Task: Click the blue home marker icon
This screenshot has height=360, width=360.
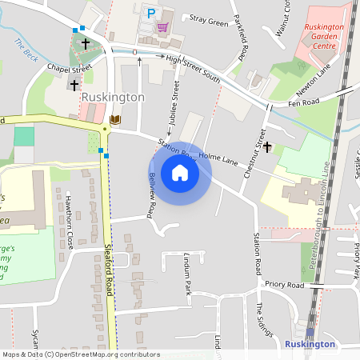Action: click(x=180, y=173)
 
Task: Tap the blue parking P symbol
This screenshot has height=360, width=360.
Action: click(x=150, y=12)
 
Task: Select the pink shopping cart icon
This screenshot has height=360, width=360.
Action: click(x=162, y=26)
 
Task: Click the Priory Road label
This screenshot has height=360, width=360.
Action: click(x=286, y=285)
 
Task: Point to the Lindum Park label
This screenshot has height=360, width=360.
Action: click(x=187, y=275)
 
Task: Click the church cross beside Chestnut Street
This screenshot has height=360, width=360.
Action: click(x=267, y=146)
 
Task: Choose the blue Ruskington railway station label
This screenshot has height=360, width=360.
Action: click(x=310, y=343)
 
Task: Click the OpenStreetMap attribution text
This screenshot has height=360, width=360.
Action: click(x=82, y=354)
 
